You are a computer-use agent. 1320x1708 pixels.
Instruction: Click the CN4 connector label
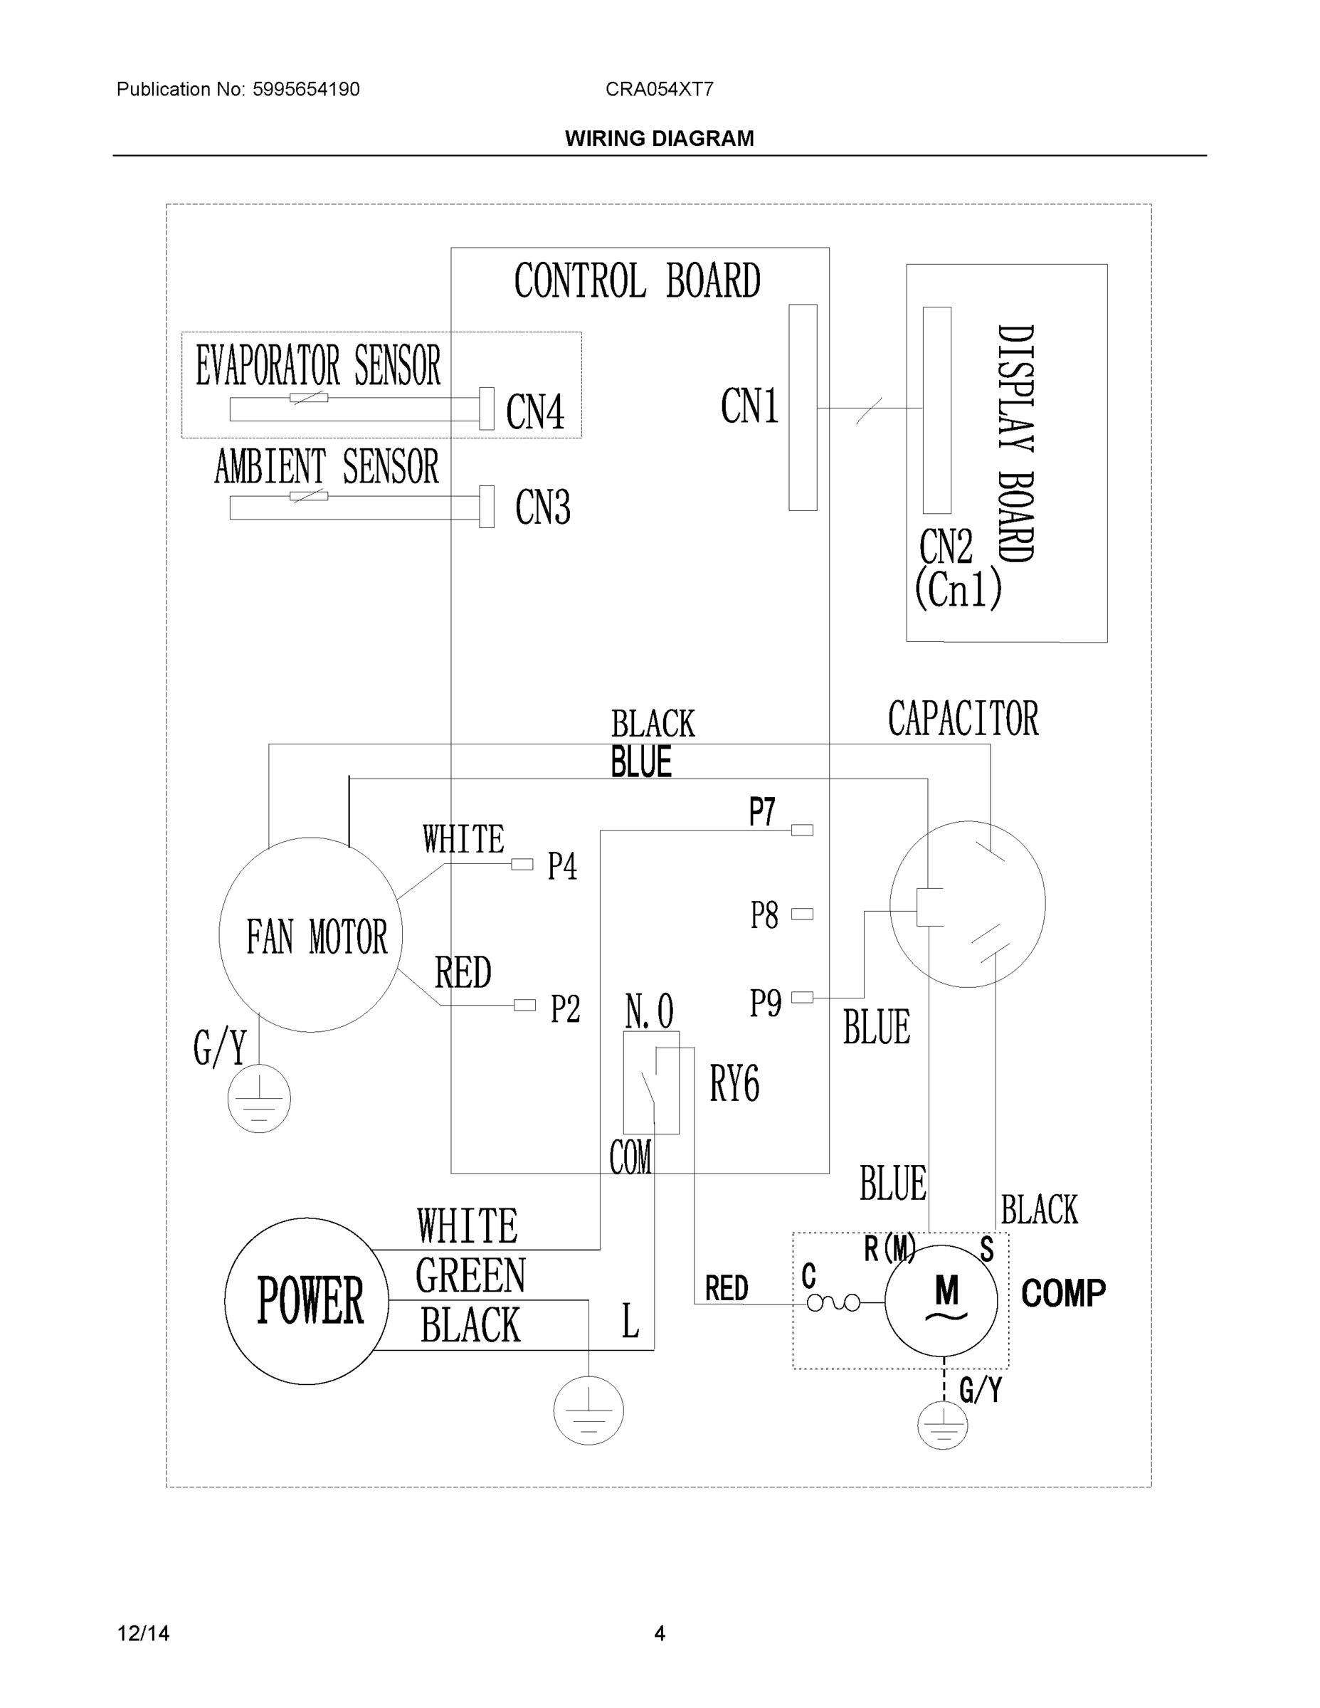tap(535, 412)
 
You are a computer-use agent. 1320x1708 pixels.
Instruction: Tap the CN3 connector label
tap(543, 507)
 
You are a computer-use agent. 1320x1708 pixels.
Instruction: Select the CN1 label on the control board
tap(749, 406)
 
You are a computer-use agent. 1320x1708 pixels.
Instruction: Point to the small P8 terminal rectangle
tap(803, 914)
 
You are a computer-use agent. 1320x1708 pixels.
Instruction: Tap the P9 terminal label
tap(765, 1003)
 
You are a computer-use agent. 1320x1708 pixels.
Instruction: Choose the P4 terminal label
tap(562, 867)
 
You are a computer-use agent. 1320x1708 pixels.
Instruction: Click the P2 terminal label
tap(564, 1009)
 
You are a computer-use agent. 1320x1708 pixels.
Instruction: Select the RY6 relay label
tap(734, 1084)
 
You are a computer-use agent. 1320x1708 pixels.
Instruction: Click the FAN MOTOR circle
tap(311, 935)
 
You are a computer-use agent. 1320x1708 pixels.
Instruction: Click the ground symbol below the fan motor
tap(259, 1098)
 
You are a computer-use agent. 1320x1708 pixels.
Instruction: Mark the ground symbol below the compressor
tap(942, 1425)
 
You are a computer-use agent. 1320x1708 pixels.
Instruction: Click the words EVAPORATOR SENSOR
tap(318, 365)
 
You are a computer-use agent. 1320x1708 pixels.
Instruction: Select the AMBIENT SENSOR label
tap(327, 467)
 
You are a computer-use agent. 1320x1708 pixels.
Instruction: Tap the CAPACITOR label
tap(963, 719)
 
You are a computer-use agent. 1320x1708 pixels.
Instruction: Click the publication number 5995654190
tap(306, 89)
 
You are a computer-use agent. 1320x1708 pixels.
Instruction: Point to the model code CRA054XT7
tap(659, 89)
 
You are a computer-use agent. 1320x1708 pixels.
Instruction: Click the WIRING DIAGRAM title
tap(659, 139)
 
